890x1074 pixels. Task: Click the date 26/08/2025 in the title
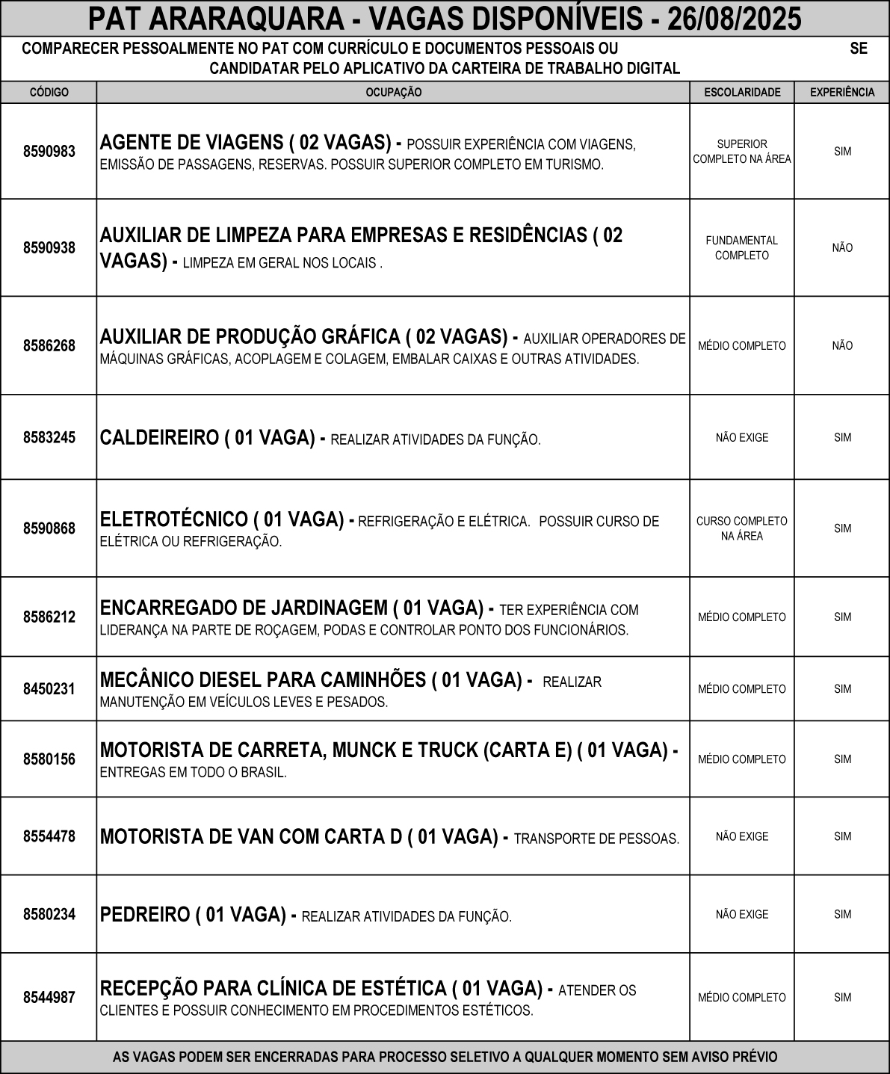click(735, 19)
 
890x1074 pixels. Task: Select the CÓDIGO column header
click(49, 93)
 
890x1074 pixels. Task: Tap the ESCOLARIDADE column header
click(742, 93)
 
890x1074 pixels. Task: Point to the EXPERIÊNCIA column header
click(842, 93)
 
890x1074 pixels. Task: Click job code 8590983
click(49, 152)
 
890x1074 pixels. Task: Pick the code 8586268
click(49, 346)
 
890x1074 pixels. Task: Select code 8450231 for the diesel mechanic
click(49, 689)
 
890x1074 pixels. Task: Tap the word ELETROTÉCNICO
click(173, 519)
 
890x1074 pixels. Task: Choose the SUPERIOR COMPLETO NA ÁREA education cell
click(742, 152)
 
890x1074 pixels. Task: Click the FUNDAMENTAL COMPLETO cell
click(742, 248)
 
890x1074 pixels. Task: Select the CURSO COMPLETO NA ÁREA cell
click(742, 528)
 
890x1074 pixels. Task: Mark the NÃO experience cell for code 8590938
click(842, 248)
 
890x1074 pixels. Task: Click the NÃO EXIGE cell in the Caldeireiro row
click(742, 438)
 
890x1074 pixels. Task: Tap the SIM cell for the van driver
click(842, 837)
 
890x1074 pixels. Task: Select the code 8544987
click(49, 998)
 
